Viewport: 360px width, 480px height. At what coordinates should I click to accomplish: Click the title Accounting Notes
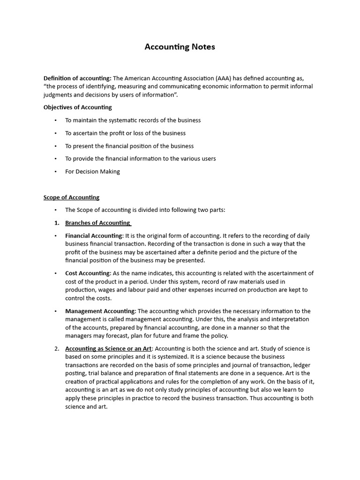pos(180,47)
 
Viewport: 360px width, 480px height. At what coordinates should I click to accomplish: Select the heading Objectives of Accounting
pos(77,107)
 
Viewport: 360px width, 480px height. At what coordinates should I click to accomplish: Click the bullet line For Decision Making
pos(92,172)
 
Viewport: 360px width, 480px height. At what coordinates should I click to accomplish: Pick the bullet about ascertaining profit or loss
pos(125,133)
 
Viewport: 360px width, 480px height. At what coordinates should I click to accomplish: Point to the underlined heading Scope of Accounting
pos(71,197)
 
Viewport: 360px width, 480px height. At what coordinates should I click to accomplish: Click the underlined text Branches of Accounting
pos(97,223)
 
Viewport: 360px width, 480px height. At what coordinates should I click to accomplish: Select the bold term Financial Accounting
pos(94,236)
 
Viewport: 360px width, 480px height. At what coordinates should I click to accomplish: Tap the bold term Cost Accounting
pos(88,273)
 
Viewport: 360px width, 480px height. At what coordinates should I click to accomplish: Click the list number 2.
pos(56,349)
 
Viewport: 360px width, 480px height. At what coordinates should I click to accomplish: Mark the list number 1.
pos(56,223)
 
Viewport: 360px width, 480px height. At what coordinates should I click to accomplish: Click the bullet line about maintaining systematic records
pos(133,120)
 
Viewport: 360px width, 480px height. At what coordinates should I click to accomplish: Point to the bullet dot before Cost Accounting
pos(56,273)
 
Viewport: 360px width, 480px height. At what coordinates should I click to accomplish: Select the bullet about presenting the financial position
pos(129,146)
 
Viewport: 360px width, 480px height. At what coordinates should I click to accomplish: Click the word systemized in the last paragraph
pos(155,357)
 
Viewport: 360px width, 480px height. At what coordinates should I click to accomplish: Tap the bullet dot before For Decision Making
pos(56,172)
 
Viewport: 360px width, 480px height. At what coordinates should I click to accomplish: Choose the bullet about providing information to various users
pos(140,159)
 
